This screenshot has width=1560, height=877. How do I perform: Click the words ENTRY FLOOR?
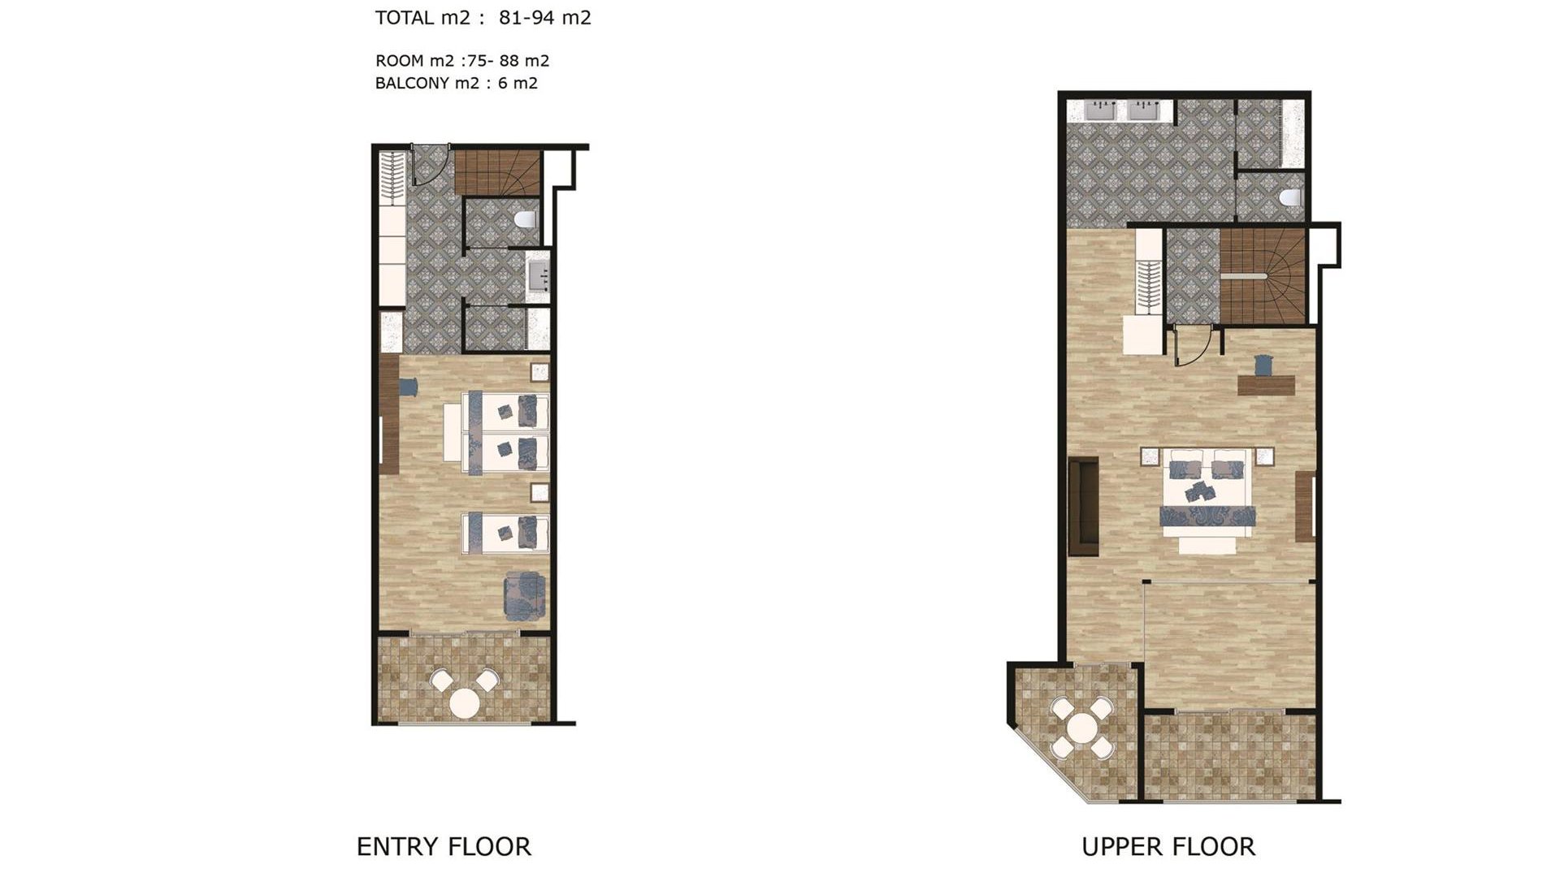[444, 847]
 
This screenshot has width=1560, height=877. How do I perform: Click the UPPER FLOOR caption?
[1168, 847]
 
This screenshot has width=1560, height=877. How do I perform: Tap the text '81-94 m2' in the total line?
[545, 18]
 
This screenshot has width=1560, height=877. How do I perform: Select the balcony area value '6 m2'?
[518, 83]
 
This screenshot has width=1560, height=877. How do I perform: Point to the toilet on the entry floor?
[526, 219]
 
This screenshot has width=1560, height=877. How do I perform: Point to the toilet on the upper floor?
[1290, 197]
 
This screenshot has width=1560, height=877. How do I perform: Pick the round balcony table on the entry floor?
[465, 703]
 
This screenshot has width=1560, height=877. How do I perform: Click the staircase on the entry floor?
[497, 173]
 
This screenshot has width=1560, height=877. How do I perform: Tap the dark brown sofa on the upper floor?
[1084, 506]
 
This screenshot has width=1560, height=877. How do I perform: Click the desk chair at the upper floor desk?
[1263, 365]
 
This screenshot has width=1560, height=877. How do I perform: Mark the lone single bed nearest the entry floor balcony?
[505, 533]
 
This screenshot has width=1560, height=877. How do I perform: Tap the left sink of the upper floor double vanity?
[1103, 110]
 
